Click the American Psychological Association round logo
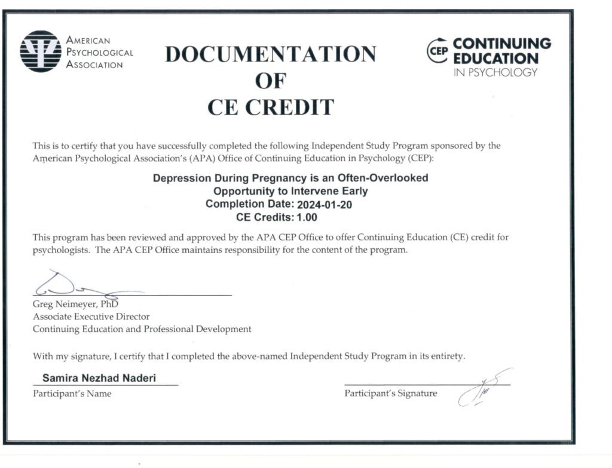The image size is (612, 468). tap(41, 51)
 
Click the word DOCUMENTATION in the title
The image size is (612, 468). tap(271, 54)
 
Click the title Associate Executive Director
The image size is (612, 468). tap(91, 316)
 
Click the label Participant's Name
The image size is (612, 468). tap(72, 393)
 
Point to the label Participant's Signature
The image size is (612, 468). tap(390, 393)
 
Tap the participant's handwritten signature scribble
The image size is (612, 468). tap(482, 387)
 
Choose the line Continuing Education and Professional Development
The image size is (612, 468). tap(142, 329)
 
